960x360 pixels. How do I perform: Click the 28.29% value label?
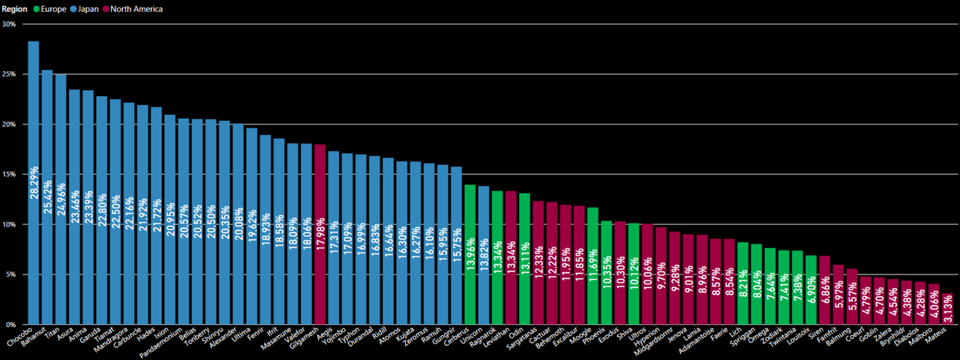click(34, 183)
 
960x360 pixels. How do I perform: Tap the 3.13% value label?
click(947, 309)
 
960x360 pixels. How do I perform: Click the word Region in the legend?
click(15, 9)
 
